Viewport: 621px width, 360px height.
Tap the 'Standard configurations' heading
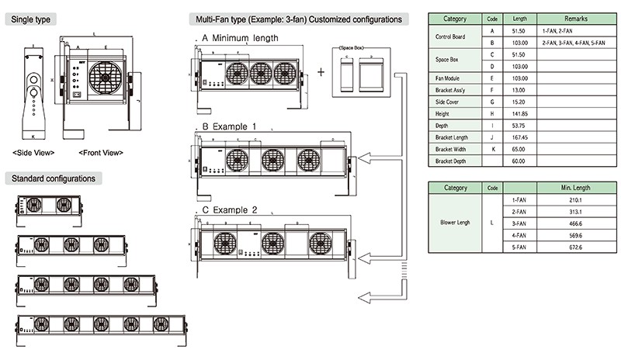point(54,178)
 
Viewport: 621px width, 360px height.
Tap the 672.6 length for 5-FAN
point(575,247)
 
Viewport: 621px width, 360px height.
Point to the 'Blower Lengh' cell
point(455,221)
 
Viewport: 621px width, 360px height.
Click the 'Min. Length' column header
point(575,187)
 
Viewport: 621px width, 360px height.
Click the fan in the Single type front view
point(106,78)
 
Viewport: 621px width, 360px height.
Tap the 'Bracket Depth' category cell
point(455,161)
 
